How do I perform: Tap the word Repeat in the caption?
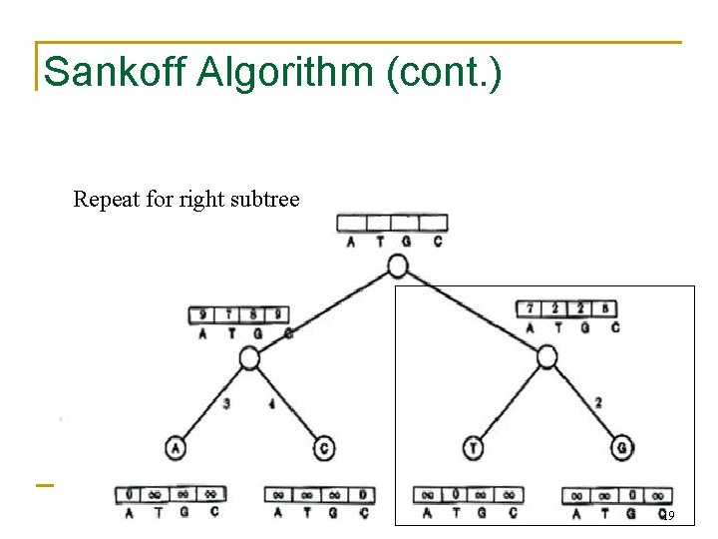106,200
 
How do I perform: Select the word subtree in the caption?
265,200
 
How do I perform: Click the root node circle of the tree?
397,266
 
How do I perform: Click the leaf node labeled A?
177,449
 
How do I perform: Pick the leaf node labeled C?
324,449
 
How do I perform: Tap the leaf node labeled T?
473,449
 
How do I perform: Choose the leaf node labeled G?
622,449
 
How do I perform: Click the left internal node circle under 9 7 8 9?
249,358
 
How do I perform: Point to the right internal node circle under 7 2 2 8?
546,357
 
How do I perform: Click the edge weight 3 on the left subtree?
227,404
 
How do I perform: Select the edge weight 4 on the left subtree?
271,404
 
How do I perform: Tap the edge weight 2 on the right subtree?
597,403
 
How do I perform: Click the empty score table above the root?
392,223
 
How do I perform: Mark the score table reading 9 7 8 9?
239,315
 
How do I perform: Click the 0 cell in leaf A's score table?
130,494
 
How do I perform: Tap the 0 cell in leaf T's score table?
455,494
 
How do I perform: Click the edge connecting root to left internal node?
321,312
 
